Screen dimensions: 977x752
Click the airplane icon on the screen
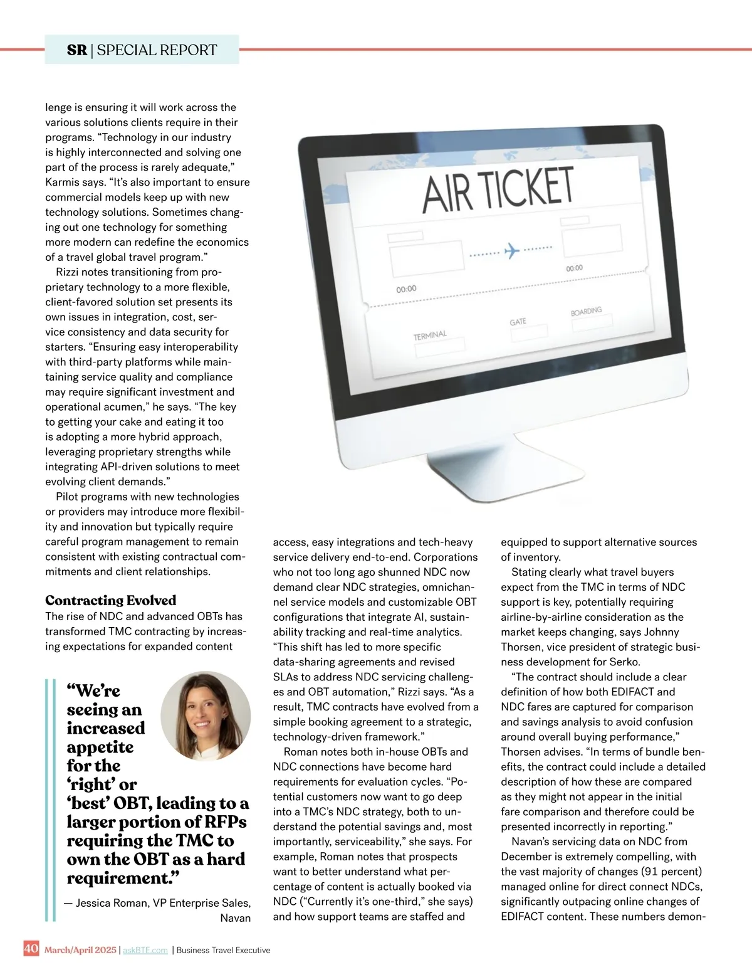(x=512, y=250)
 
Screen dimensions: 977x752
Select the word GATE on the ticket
(x=518, y=322)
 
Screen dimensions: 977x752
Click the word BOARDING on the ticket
(x=586, y=311)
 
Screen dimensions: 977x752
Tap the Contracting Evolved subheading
(x=111, y=600)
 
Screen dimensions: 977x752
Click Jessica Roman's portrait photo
(x=206, y=716)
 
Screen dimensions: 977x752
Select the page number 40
(x=31, y=948)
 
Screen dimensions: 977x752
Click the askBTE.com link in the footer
(x=145, y=950)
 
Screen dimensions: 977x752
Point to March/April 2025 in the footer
(x=80, y=950)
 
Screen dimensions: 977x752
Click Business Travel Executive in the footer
(x=223, y=950)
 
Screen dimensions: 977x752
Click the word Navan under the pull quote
(x=236, y=918)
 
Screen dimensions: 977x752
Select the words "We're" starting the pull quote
(x=93, y=691)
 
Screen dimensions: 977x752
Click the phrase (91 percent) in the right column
(x=672, y=872)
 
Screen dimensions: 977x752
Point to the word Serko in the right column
(x=624, y=662)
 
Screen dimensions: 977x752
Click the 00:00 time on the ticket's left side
(x=406, y=289)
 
